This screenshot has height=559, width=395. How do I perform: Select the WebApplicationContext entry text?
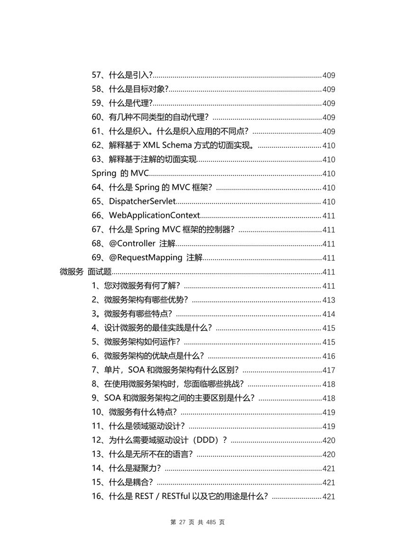point(154,216)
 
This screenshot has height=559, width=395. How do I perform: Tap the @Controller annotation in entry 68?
point(132,244)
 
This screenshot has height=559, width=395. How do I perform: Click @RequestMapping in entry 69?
point(146,258)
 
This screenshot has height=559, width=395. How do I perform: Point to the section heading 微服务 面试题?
point(85,272)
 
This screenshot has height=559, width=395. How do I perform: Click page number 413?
point(329,300)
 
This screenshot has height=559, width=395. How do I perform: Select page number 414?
point(329,314)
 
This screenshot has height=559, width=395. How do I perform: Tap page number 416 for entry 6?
point(329,356)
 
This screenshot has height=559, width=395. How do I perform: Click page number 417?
point(329,370)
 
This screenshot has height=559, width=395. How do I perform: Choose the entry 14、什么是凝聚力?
point(126,468)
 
